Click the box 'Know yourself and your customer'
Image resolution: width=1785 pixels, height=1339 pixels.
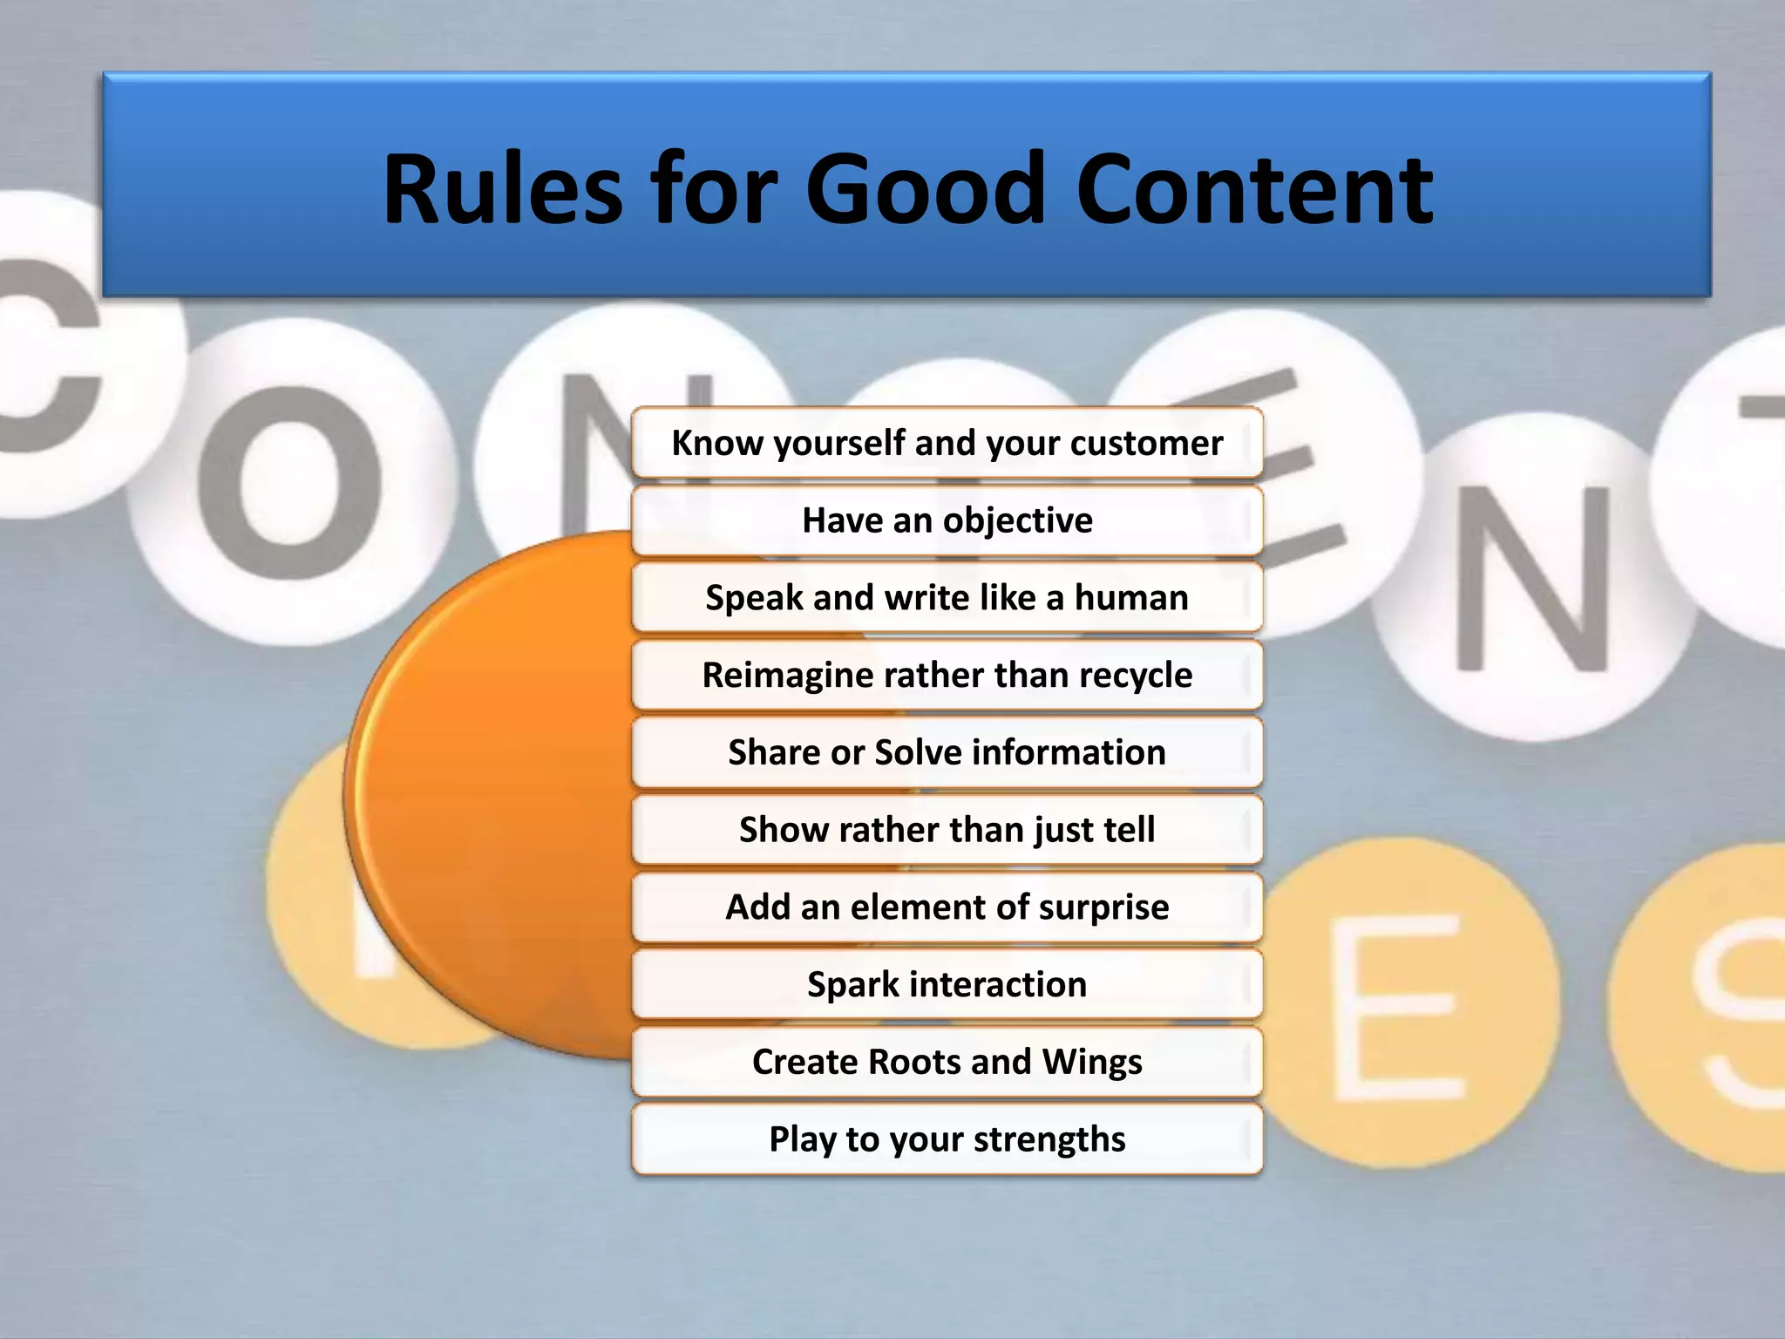[947, 443]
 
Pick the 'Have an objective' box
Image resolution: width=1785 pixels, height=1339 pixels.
[947, 520]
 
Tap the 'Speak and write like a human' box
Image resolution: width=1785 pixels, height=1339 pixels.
[947, 598]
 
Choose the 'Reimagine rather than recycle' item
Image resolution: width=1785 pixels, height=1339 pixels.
[947, 675]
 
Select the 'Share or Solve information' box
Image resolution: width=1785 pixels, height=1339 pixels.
[947, 752]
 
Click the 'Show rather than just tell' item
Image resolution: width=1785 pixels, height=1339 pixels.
[947, 830]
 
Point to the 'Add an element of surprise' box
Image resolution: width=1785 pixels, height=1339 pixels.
[947, 907]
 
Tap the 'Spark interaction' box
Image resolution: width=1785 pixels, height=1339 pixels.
[947, 984]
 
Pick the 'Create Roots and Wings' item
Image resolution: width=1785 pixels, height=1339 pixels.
[947, 1062]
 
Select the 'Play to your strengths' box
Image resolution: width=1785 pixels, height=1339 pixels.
[947, 1139]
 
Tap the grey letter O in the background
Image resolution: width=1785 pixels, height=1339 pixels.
[289, 482]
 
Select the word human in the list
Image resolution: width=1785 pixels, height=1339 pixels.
[1130, 598]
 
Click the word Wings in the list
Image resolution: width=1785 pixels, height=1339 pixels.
[1091, 1062]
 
